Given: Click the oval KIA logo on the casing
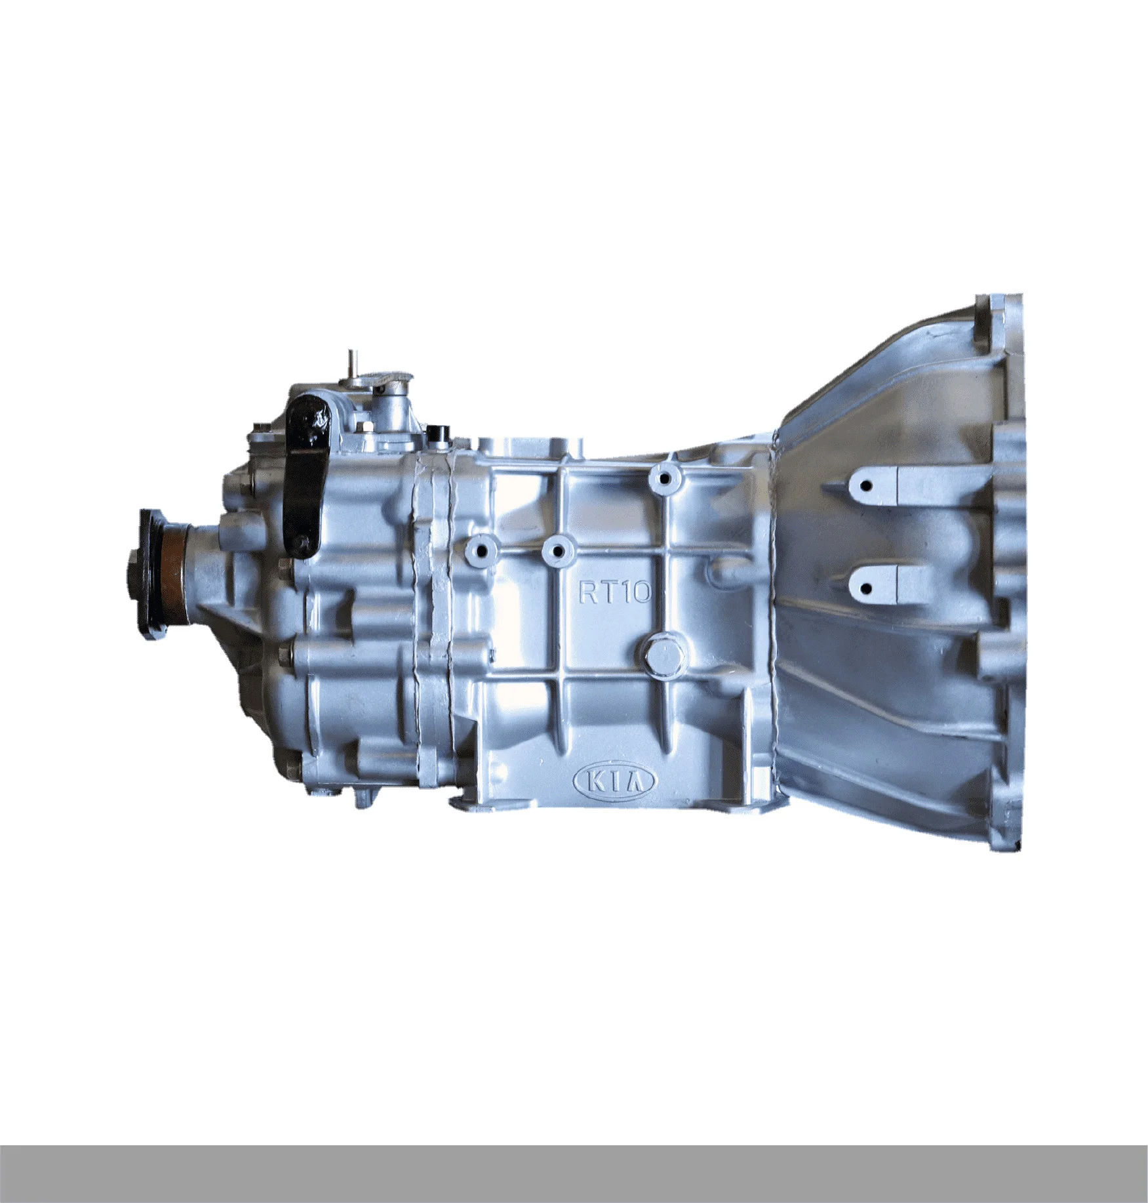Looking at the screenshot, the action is [615, 781].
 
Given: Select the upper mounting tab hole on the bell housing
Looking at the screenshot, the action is [867, 486].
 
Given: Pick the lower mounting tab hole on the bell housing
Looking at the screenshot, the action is [866, 588].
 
